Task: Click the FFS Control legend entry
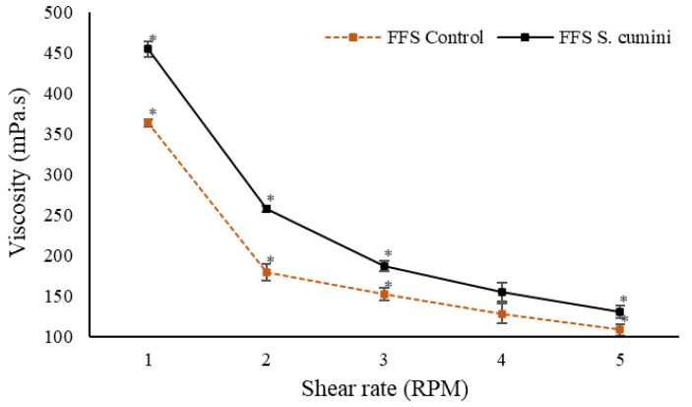click(x=405, y=37)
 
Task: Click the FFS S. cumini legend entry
click(x=585, y=37)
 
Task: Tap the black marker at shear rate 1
click(x=148, y=48)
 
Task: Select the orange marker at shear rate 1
click(x=148, y=123)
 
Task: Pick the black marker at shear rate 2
click(x=266, y=209)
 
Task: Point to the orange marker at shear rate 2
click(x=266, y=272)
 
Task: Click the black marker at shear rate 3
click(x=385, y=266)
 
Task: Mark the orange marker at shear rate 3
click(x=385, y=295)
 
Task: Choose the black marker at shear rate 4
click(x=502, y=292)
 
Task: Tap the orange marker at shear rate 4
click(x=502, y=314)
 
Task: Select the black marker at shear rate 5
click(x=619, y=311)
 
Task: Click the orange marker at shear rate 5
click(x=619, y=329)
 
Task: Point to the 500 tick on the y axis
click(x=59, y=13)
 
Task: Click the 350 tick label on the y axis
click(x=59, y=134)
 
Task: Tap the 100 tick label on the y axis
click(x=59, y=336)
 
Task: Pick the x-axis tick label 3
click(x=384, y=360)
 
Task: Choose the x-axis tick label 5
click(x=620, y=360)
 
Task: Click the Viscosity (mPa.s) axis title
click(x=19, y=172)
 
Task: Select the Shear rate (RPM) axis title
click(x=385, y=389)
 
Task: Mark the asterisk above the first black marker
click(x=153, y=38)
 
